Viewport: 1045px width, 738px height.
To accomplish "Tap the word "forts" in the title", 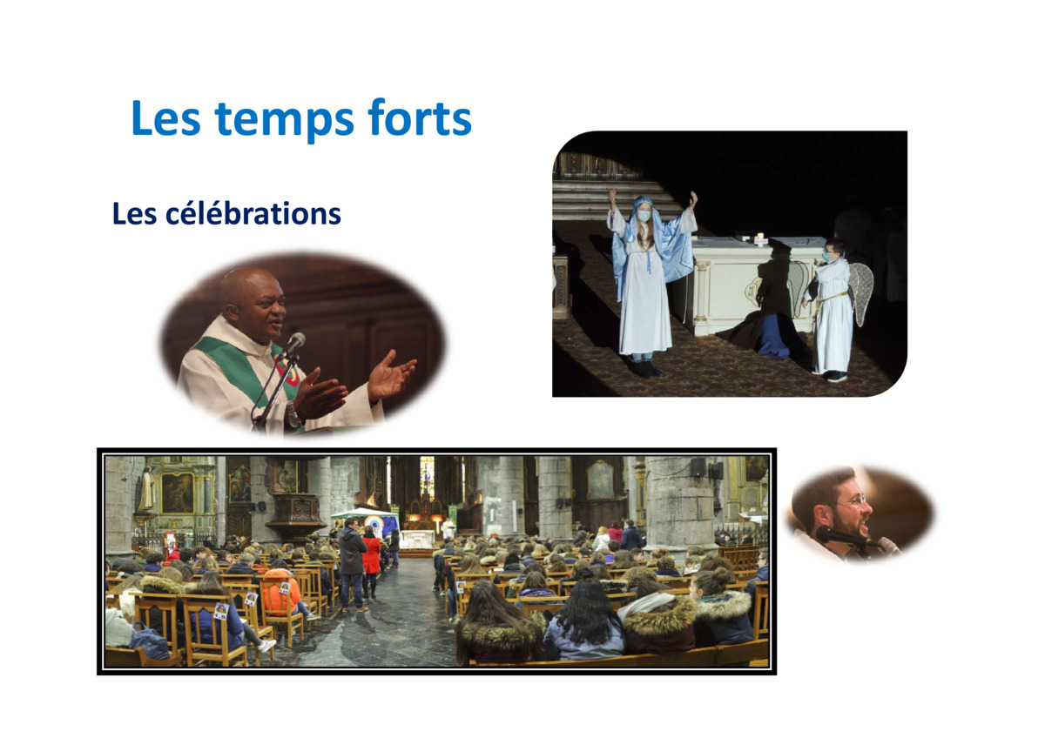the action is point(420,117).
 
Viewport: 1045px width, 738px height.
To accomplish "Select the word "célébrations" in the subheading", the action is point(253,214).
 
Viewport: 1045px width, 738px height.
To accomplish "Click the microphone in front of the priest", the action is point(294,343).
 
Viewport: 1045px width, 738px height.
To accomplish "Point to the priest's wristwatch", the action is point(293,413).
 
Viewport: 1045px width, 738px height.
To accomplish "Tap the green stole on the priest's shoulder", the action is point(233,365).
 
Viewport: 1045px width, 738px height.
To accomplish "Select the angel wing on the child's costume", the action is point(860,292).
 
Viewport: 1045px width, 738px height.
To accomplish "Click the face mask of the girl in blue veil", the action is point(644,217).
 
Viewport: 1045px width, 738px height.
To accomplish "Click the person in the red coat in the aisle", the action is point(371,561).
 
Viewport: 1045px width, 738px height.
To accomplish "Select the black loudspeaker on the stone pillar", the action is point(698,467).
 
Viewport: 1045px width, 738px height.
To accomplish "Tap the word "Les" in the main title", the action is point(166,118).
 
